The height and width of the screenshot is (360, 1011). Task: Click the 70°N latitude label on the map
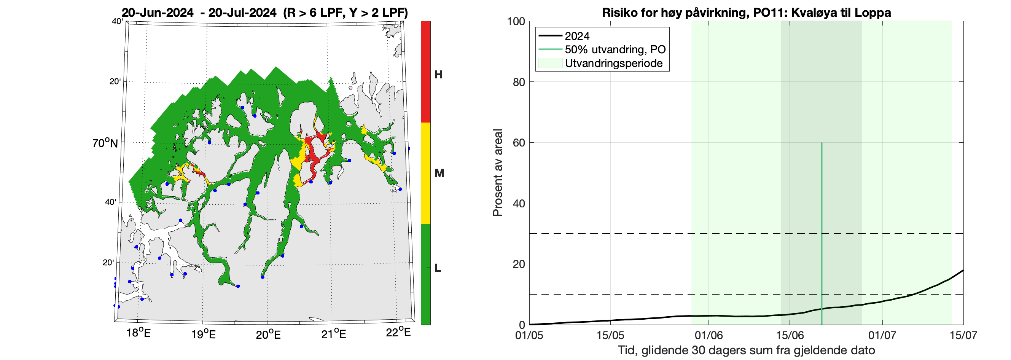[x=105, y=143]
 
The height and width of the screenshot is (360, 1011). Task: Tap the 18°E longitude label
[x=138, y=333]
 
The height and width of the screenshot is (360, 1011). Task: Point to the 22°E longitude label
[x=398, y=333]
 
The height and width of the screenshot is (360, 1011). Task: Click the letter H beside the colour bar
[x=438, y=75]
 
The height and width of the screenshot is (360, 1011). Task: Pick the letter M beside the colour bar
[x=439, y=173]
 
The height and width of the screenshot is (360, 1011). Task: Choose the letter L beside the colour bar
[x=438, y=268]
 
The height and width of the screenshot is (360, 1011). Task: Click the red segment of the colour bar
[x=425, y=72]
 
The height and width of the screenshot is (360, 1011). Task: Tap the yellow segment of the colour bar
[x=425, y=173]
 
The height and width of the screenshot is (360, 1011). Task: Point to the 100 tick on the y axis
[x=516, y=21]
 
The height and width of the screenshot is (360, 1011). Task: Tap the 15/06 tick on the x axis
[x=790, y=336]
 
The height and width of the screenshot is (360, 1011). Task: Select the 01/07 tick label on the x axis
[x=882, y=336]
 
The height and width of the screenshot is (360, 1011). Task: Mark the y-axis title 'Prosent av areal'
[x=498, y=173]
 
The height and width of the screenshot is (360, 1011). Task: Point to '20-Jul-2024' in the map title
[x=242, y=13]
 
